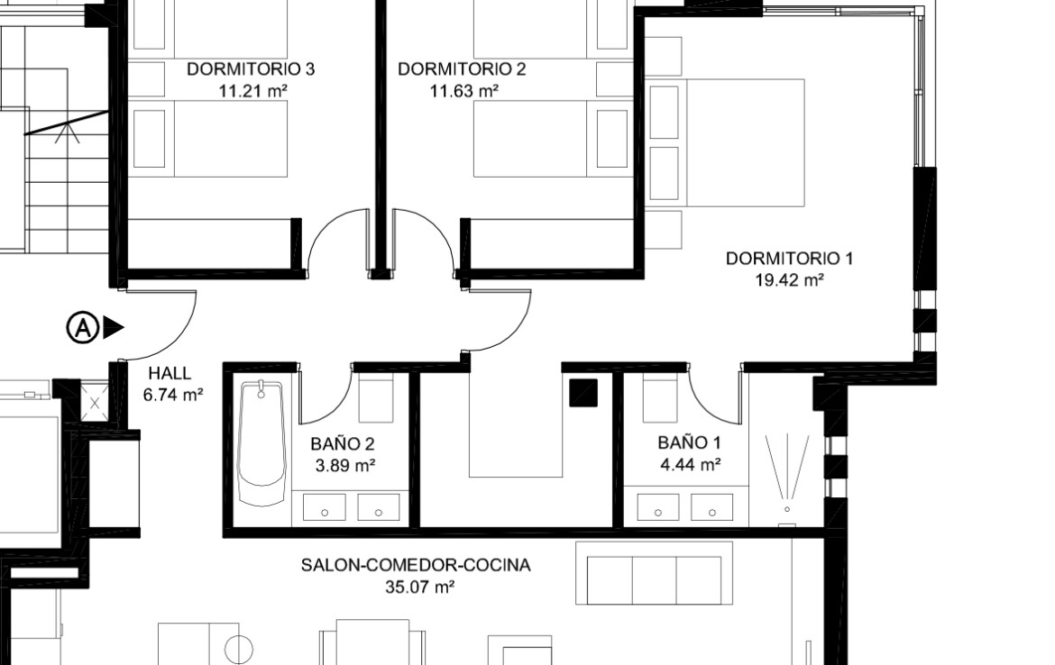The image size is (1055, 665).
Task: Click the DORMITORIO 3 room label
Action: click(x=251, y=69)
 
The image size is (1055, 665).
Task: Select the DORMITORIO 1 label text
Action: click(x=789, y=259)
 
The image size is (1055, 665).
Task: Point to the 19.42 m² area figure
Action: click(x=790, y=279)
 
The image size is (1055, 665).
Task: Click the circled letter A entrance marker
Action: click(x=82, y=328)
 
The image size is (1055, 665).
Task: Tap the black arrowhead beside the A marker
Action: click(x=113, y=328)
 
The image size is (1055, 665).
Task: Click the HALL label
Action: click(x=170, y=373)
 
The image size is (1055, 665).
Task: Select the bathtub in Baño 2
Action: click(x=262, y=442)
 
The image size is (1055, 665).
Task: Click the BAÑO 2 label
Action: click(x=344, y=443)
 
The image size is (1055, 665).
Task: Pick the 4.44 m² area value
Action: click(x=691, y=465)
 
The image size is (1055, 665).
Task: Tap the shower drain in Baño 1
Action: click(x=786, y=510)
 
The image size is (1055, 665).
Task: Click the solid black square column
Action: click(x=583, y=393)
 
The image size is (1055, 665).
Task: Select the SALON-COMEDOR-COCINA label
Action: click(x=415, y=566)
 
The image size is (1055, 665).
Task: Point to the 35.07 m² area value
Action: click(x=420, y=587)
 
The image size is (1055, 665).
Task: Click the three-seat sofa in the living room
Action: click(x=654, y=574)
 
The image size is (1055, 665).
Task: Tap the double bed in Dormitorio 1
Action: click(x=725, y=142)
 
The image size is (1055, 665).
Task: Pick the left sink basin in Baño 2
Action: click(x=325, y=507)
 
